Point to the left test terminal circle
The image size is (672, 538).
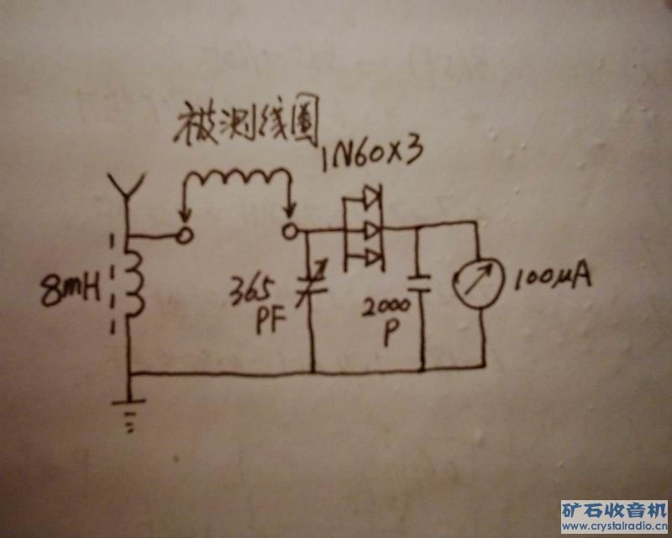(182, 232)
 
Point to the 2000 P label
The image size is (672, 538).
(387, 318)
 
